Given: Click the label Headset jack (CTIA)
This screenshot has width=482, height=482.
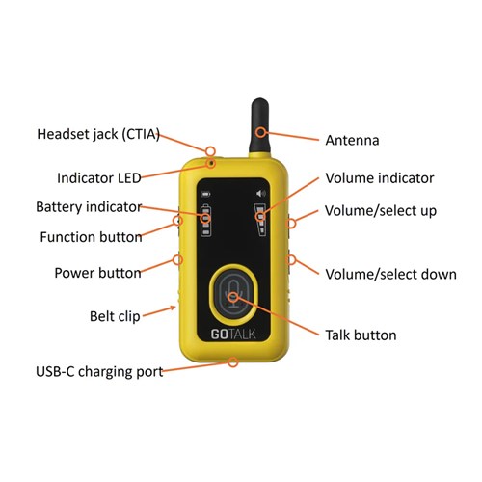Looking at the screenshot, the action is pyautogui.click(x=98, y=134).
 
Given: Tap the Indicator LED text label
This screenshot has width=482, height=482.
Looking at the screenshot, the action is pyautogui.click(x=99, y=178).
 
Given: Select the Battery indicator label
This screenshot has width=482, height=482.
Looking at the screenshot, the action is pyautogui.click(x=89, y=207).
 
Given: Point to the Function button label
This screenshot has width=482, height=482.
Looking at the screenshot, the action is pyautogui.click(x=91, y=237).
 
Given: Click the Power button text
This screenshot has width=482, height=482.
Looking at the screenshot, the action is pyautogui.click(x=97, y=273).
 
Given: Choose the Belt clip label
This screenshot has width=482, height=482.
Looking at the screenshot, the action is pyautogui.click(x=115, y=316).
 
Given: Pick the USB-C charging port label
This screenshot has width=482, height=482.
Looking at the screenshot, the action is pyautogui.click(x=99, y=372).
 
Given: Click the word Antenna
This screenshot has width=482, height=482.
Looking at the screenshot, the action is pyautogui.click(x=352, y=141).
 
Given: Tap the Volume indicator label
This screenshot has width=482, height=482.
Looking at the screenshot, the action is pyautogui.click(x=380, y=178).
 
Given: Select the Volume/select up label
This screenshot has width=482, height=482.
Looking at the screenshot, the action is pyautogui.click(x=381, y=211).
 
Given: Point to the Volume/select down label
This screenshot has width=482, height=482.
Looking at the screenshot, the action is pyautogui.click(x=390, y=275).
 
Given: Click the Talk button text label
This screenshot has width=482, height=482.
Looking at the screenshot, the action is pyautogui.click(x=361, y=335).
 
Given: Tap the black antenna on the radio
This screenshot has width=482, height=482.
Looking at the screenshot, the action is pyautogui.click(x=259, y=126).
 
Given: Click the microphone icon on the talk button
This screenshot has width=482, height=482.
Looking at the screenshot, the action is pyautogui.click(x=233, y=294).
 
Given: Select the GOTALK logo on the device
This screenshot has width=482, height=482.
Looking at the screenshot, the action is pyautogui.click(x=233, y=335).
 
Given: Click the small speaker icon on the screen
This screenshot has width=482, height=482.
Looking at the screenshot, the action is pyautogui.click(x=261, y=193).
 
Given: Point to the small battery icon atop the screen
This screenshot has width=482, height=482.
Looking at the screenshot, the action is pyautogui.click(x=205, y=194).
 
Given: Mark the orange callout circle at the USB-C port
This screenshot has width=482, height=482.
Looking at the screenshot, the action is pyautogui.click(x=233, y=362).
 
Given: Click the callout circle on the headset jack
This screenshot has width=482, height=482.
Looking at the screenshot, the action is pyautogui.click(x=210, y=151).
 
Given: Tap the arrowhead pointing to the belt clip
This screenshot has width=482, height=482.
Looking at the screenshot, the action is pyautogui.click(x=173, y=308).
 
